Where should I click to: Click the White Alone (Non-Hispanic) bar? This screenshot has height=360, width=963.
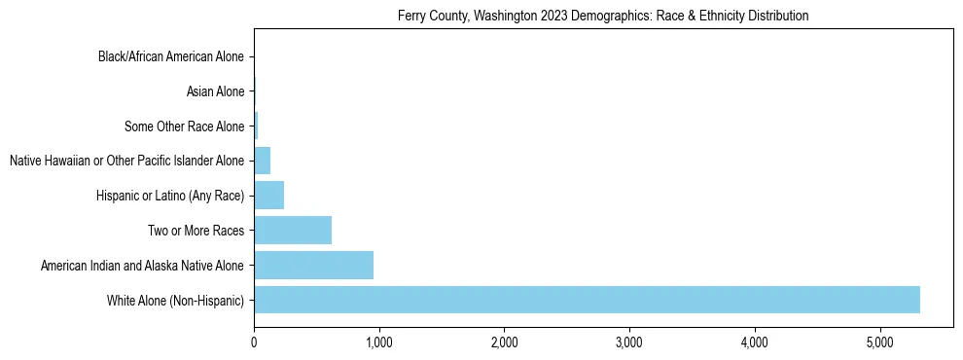pos(587,300)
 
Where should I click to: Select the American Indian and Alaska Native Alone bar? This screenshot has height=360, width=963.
pos(313,265)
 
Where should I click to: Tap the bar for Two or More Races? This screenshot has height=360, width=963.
pos(293,231)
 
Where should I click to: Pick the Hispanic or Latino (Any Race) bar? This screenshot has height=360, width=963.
pos(268,196)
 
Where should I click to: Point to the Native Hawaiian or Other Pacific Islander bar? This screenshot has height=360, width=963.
pos(262,161)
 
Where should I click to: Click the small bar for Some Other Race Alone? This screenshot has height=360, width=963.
pos(256,126)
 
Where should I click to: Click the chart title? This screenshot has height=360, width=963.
pos(603,17)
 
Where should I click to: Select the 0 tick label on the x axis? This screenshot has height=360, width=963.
pos(254,342)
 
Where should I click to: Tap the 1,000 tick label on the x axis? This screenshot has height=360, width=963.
pos(379,342)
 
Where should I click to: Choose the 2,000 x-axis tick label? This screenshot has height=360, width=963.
pos(504,342)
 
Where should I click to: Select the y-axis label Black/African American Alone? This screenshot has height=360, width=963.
pos(171,56)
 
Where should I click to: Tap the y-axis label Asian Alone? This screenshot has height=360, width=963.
pos(215,91)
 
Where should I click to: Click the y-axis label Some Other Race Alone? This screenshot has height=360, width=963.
pos(185,126)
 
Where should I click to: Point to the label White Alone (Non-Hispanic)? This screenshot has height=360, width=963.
pos(176,301)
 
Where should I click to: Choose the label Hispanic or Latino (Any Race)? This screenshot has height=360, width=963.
pos(170,196)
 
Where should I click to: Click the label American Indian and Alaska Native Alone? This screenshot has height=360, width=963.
pos(143,266)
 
